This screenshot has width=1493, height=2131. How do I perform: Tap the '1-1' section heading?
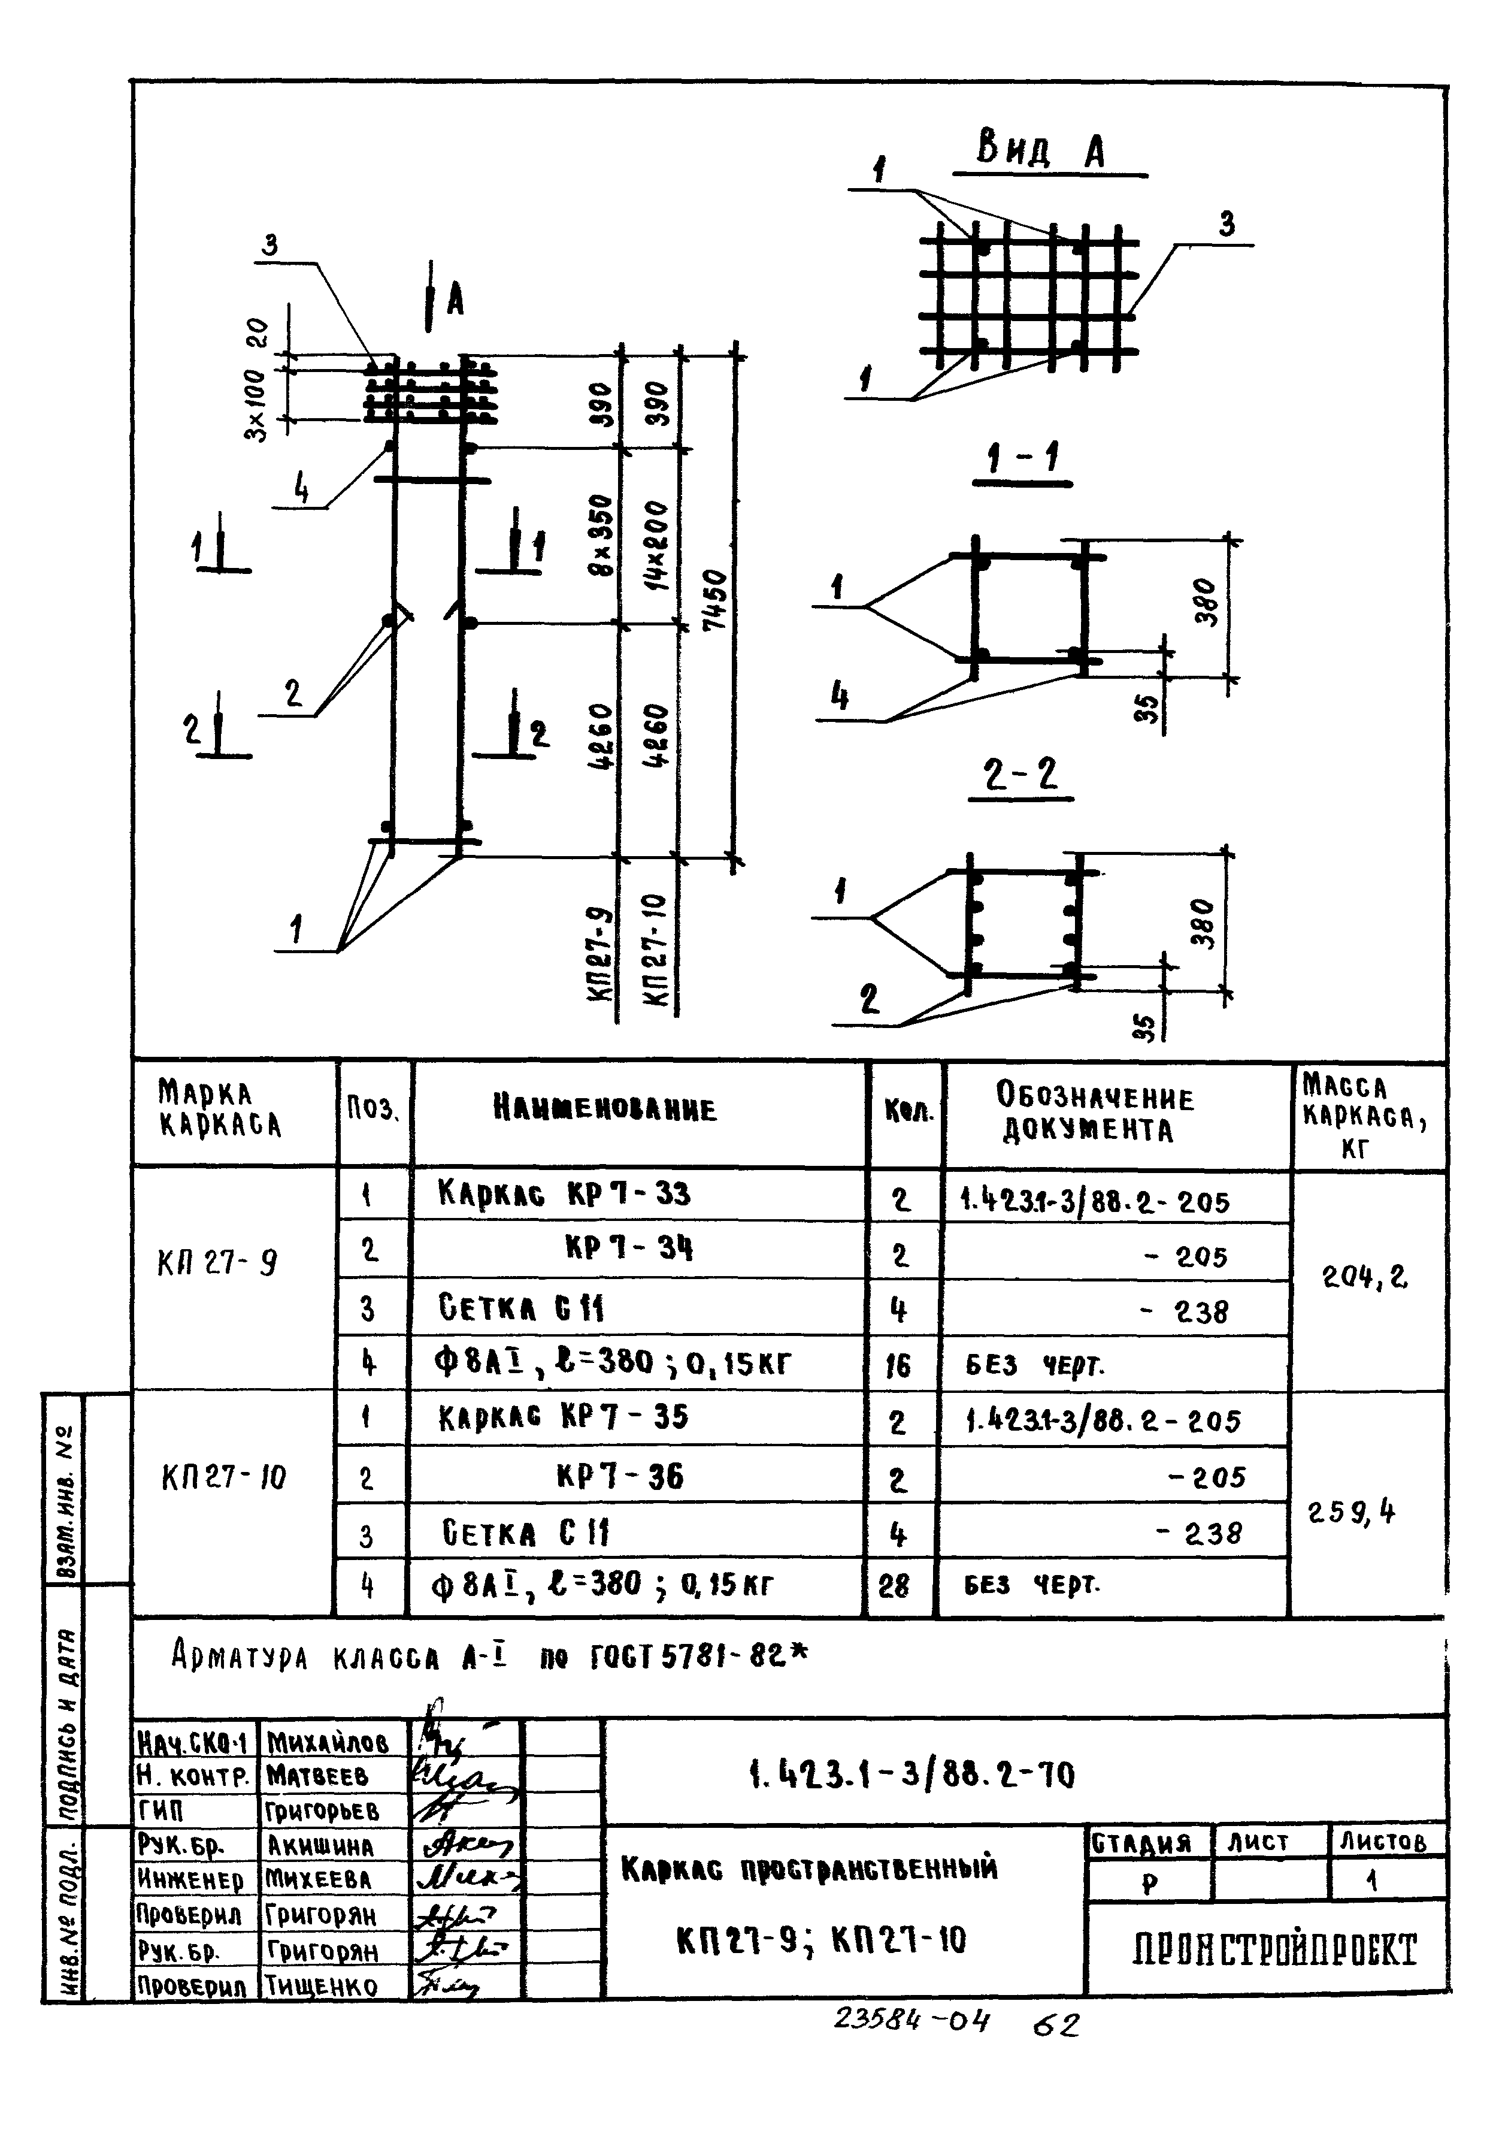pyautogui.click(x=1022, y=460)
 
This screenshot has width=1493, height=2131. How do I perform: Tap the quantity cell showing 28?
pyautogui.click(x=895, y=1586)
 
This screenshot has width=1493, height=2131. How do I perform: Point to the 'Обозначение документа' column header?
pyautogui.click(x=1095, y=1113)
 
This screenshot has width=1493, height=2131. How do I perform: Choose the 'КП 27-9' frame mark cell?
pyautogui.click(x=218, y=1263)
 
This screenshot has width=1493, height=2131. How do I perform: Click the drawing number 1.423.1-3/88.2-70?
pyautogui.click(x=911, y=1776)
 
